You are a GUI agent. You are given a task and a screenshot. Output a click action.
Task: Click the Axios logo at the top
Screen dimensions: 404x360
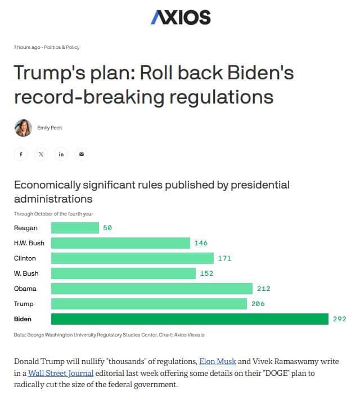point(181,17)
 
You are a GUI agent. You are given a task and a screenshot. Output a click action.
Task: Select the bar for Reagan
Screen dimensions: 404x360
point(75,228)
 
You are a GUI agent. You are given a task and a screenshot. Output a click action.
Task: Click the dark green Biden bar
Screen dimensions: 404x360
point(190,319)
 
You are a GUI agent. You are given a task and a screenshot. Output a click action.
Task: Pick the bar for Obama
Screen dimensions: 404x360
point(152,289)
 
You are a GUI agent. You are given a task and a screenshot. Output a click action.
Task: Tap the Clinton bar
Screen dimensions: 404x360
point(132,258)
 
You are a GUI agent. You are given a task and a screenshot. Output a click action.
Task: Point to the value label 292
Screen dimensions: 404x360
point(340,319)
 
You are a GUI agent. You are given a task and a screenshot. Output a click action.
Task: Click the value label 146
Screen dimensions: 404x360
point(201,243)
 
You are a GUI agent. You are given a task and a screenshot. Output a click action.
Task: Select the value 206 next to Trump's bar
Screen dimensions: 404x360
point(258,304)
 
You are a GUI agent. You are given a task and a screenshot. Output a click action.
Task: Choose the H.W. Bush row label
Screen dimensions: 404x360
point(29,243)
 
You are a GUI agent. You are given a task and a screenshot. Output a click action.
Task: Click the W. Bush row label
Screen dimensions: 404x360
point(26,273)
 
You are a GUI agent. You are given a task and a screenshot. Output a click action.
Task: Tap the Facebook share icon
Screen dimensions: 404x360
point(21,154)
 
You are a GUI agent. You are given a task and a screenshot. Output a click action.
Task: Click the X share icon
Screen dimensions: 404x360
point(41,154)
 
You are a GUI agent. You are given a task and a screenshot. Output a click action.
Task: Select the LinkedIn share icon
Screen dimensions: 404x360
point(61,154)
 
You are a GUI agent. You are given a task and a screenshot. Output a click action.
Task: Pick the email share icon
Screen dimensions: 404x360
point(82,154)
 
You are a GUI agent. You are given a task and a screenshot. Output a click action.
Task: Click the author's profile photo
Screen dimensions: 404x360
point(23,128)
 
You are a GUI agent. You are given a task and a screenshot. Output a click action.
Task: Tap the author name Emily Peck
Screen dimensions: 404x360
point(49,128)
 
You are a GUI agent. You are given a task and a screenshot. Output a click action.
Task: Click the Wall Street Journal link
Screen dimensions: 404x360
point(61,373)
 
